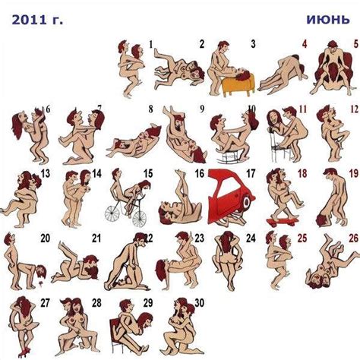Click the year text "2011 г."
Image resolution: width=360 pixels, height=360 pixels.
(37, 19)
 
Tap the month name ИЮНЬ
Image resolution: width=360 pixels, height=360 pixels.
(327, 19)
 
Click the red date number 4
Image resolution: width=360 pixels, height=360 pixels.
(304, 45)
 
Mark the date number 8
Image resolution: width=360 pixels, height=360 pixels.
(150, 109)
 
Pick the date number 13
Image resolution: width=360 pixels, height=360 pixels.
(46, 175)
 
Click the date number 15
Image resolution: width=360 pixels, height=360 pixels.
(148, 175)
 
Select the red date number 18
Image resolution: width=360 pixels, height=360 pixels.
(302, 175)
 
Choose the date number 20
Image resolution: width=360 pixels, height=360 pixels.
(46, 238)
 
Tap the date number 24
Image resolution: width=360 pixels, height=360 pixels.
(251, 238)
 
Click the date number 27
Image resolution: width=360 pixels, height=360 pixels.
(46, 302)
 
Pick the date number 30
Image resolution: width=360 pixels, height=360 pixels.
(199, 302)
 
